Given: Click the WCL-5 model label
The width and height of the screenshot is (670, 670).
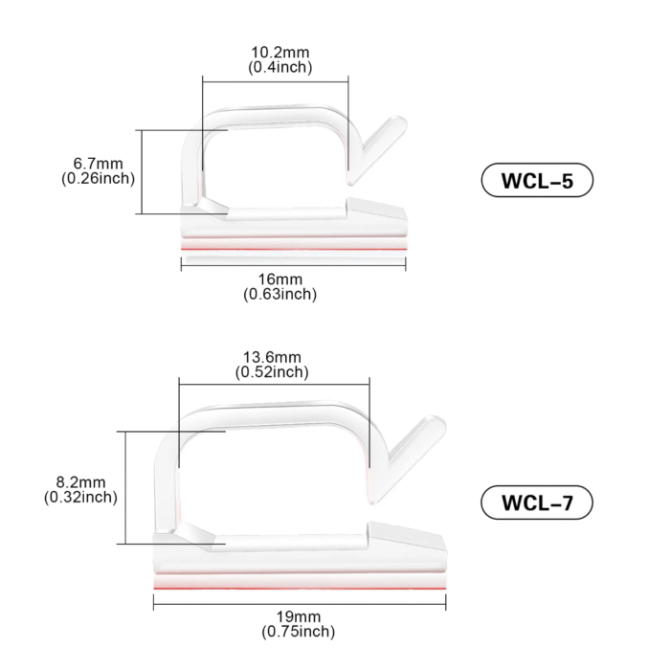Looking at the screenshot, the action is coord(537,180).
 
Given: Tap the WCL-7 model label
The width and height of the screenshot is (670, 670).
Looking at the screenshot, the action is coord(537,502).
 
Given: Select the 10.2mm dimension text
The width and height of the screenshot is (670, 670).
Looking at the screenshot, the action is coord(279,52).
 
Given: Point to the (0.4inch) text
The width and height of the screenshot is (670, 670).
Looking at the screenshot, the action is coord(280,67).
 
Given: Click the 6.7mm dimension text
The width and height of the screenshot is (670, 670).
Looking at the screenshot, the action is coord(98,164).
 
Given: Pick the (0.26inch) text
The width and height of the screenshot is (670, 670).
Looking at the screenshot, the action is coord(98,178).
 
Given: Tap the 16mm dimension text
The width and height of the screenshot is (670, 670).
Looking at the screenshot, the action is coord(280,279).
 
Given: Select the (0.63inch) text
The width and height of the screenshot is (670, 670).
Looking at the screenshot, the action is coord(280,294).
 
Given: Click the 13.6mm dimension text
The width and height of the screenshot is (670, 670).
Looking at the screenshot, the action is coord(272,357).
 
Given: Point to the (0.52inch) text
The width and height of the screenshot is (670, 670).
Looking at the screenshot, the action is coord(272,371).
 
